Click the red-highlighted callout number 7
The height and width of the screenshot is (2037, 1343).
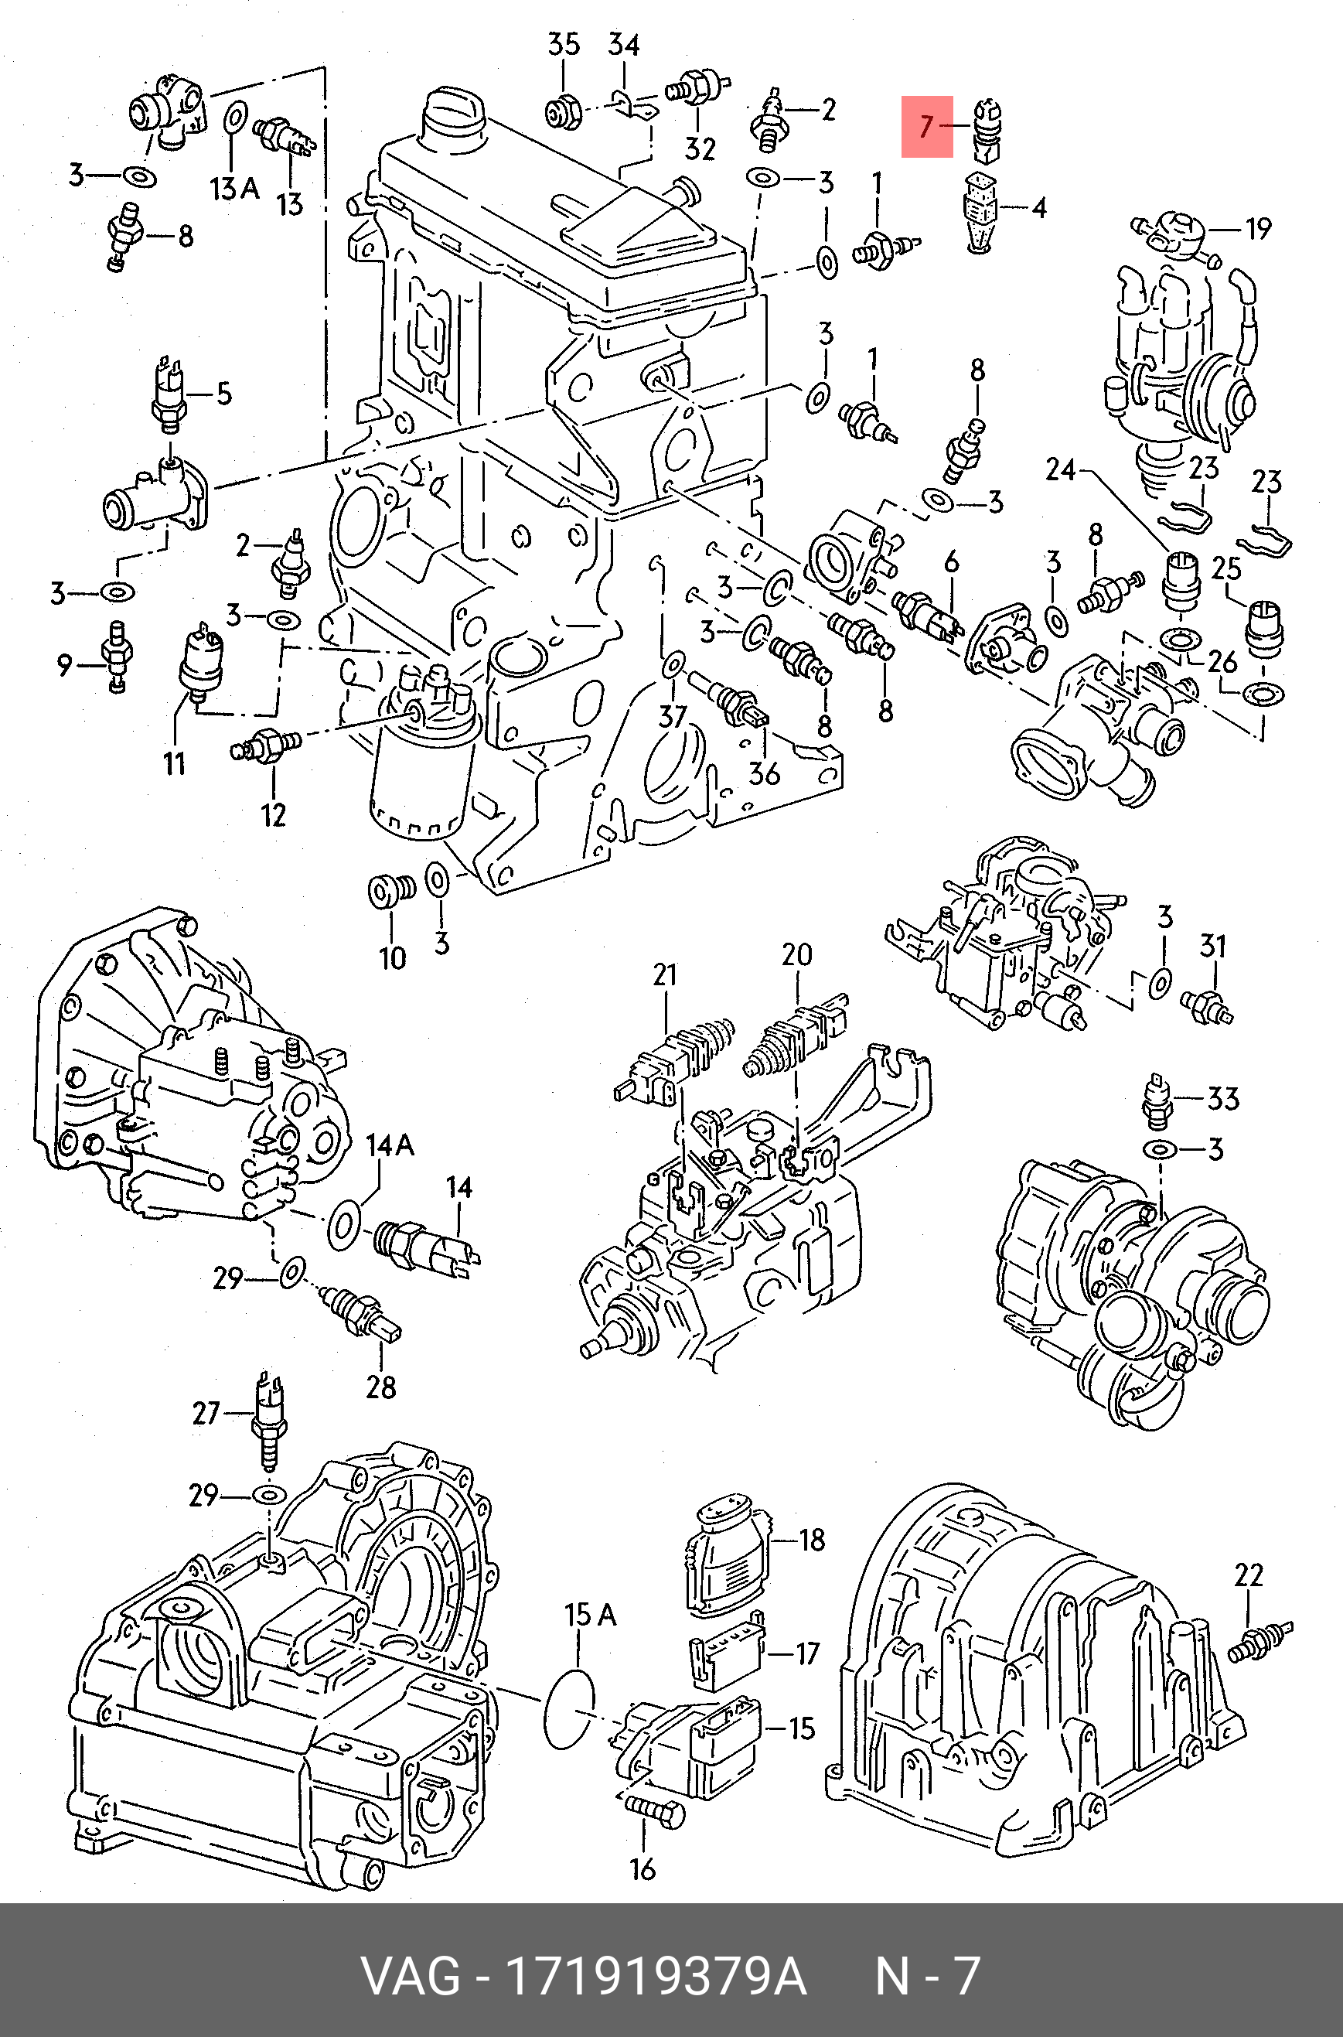click(926, 127)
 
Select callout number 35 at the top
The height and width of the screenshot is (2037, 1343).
click(564, 45)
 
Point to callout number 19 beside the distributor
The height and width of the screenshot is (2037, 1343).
click(1257, 229)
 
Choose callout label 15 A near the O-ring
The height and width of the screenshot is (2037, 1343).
click(590, 1615)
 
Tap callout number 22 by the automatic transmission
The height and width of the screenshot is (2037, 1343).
click(1249, 1575)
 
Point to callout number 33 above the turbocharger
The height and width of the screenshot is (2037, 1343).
click(1223, 1099)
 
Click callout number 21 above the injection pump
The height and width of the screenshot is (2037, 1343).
click(665, 976)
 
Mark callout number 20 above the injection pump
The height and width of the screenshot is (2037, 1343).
click(796, 955)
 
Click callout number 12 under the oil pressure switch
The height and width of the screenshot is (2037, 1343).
click(273, 814)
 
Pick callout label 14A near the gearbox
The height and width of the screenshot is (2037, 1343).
click(390, 1145)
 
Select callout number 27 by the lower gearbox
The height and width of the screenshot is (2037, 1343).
click(206, 1413)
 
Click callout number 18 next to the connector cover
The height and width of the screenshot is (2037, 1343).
click(811, 1541)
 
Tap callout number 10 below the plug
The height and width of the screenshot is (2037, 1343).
click(392, 957)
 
